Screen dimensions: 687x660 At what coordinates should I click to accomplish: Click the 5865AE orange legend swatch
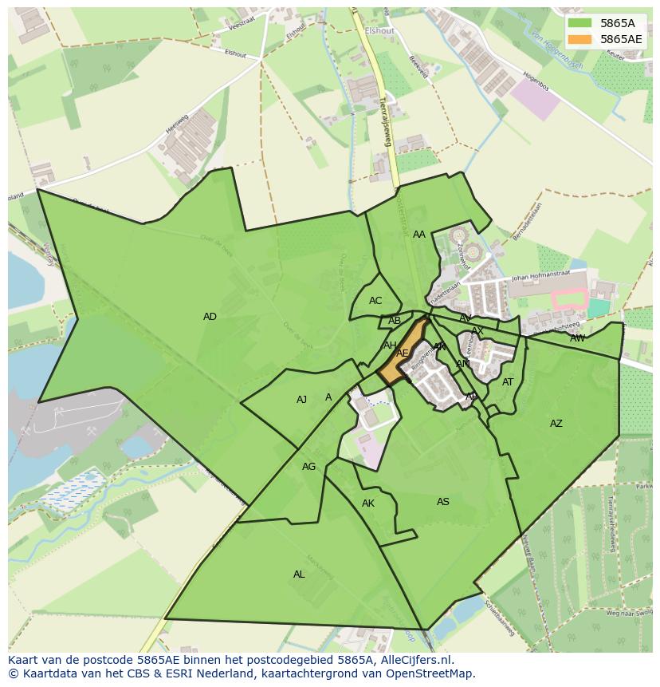(580, 39)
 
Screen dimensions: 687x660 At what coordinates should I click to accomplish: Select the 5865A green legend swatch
(580, 23)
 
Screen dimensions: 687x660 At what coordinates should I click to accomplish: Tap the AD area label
(210, 317)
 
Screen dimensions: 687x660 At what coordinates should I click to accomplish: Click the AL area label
(299, 574)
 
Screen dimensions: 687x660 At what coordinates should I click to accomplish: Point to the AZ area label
(556, 424)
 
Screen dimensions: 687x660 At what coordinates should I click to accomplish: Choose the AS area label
(443, 502)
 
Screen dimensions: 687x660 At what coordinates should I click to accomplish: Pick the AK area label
(368, 503)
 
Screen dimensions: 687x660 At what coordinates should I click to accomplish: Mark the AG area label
(308, 467)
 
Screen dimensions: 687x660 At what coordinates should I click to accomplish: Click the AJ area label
(301, 400)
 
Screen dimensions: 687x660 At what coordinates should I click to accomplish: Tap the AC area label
(375, 301)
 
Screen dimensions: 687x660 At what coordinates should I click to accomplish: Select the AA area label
(419, 235)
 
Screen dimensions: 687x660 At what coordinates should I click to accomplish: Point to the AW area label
(577, 338)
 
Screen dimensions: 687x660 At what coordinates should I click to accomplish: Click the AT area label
(508, 382)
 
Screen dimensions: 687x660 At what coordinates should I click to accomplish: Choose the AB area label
(395, 321)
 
